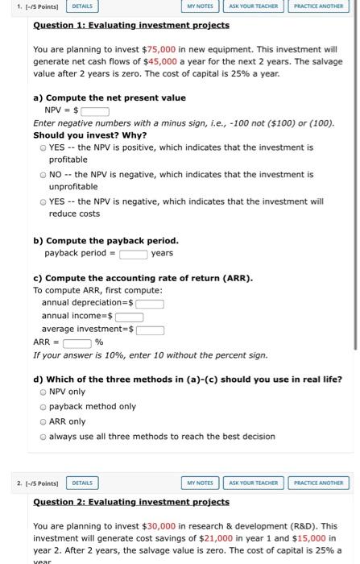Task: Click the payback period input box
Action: click(133, 253)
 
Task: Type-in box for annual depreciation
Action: click(149, 304)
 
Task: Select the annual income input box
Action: click(129, 317)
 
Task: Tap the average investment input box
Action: click(150, 330)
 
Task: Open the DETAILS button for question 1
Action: click(82, 6)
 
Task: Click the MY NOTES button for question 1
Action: click(200, 6)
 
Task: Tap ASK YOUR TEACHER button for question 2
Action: click(253, 483)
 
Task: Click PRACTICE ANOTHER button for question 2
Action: click(317, 483)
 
